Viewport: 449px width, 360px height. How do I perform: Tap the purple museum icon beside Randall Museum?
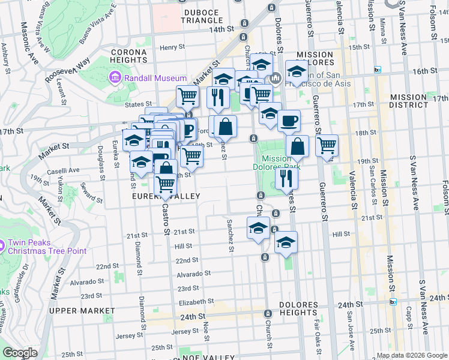114,78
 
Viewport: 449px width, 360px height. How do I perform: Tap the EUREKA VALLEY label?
165,196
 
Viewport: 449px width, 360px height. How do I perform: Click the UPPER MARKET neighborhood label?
82,310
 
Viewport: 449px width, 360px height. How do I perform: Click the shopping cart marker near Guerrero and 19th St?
327,145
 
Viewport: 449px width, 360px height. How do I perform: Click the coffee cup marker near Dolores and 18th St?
289,120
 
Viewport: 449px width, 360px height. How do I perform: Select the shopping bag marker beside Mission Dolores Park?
298,146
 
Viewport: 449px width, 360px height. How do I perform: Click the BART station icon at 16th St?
378,70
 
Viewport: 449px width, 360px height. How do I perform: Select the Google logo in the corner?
20,352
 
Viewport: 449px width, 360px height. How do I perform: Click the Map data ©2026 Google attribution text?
412,355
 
